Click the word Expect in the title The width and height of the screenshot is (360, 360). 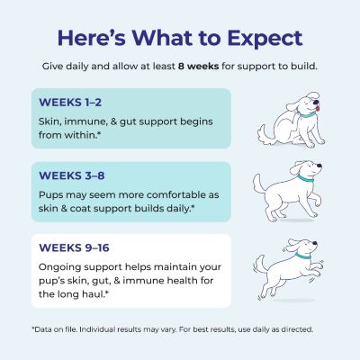click(x=265, y=39)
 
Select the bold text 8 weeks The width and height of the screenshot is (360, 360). click(x=198, y=66)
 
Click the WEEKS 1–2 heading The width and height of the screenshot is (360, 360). click(x=70, y=103)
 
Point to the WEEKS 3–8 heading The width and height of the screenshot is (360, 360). click(x=72, y=175)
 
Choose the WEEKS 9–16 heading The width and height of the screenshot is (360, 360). click(x=74, y=247)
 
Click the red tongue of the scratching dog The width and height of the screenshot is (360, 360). click(x=318, y=107)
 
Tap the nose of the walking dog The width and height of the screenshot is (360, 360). click(x=319, y=166)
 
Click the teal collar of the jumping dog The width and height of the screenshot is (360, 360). click(x=302, y=256)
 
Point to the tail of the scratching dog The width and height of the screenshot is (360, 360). click(x=264, y=132)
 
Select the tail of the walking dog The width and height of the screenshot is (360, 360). click(x=258, y=183)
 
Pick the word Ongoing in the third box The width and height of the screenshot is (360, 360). click(x=60, y=267)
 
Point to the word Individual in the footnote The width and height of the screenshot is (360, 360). click(x=97, y=329)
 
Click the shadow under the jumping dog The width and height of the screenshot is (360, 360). click(x=295, y=300)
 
